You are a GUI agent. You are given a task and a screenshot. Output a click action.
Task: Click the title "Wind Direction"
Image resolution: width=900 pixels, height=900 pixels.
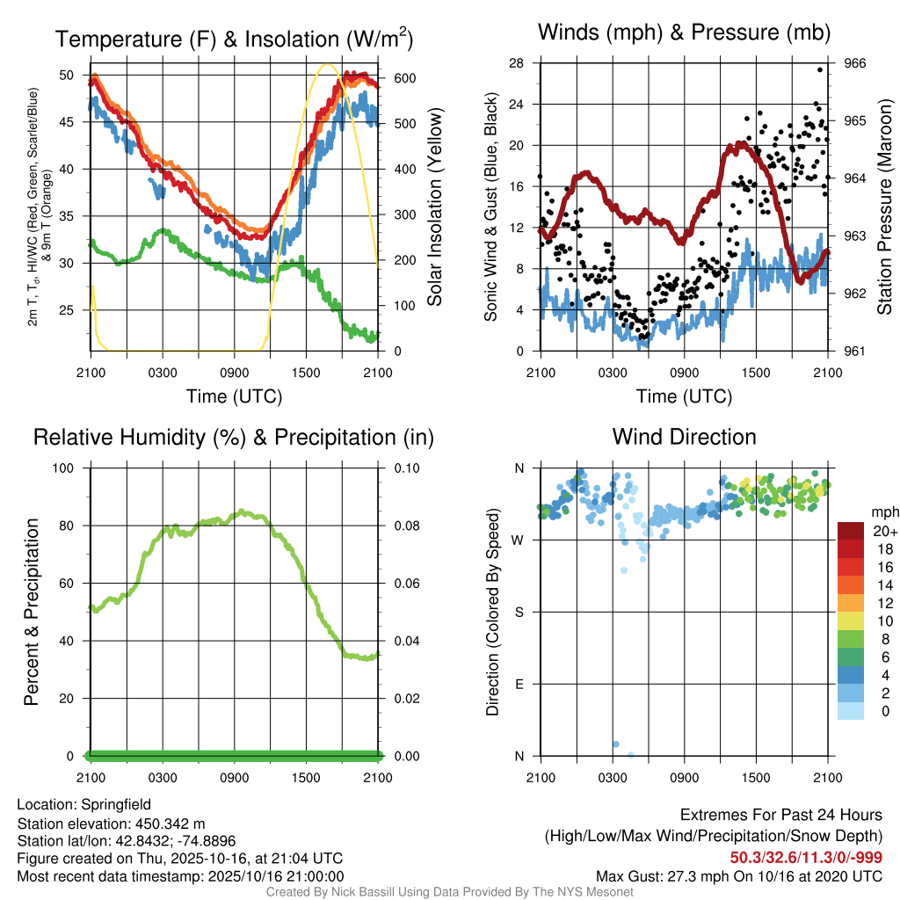click(684, 437)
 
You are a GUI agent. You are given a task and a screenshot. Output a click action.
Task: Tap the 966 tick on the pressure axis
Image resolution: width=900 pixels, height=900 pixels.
click(855, 63)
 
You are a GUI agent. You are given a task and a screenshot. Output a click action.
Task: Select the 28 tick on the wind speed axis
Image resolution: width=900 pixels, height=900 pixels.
click(516, 63)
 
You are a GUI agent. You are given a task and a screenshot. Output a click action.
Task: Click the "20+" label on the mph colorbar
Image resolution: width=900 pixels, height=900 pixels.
click(883, 531)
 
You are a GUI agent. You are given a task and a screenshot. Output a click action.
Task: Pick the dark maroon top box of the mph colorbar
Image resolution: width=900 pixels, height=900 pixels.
click(852, 531)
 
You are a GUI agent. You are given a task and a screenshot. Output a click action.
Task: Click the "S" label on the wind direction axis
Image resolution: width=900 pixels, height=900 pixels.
click(519, 612)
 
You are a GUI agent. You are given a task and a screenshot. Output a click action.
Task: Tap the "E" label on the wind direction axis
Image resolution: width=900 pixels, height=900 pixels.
click(519, 684)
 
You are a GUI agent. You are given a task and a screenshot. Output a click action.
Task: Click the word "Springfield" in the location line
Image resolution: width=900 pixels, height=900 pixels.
click(116, 804)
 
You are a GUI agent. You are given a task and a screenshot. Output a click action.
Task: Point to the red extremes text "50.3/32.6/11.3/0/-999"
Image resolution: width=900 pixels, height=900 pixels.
click(806, 858)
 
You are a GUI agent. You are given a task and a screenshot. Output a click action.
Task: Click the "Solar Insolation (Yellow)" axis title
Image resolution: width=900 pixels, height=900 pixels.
click(434, 207)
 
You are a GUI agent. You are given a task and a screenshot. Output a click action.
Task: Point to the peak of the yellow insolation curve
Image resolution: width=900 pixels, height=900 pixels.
click(327, 64)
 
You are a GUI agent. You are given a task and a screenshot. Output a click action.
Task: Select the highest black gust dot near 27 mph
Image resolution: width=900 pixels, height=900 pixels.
click(820, 69)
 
